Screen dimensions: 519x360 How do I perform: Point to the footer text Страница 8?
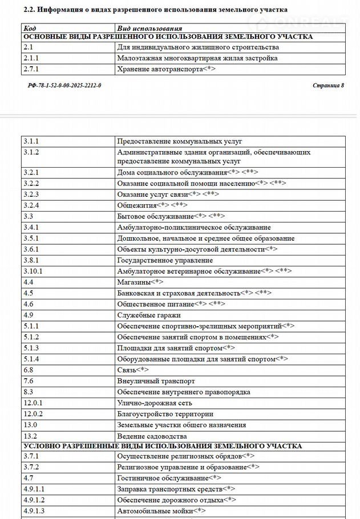(328, 85)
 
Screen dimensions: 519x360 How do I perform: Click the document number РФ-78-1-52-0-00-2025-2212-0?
(64, 85)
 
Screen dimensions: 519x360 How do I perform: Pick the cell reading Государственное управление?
(165, 260)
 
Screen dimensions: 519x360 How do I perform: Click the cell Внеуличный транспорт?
(156, 380)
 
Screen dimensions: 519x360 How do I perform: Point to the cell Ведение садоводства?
(152, 436)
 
